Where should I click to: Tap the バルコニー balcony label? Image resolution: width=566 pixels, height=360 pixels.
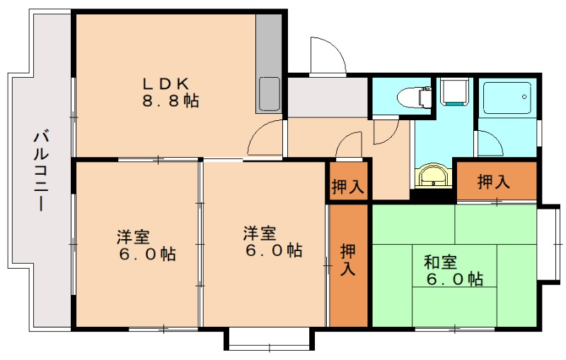click(41, 170)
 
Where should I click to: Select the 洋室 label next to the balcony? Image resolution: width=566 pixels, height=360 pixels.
click(138, 245)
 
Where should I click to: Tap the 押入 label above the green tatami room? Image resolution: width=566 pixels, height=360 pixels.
click(494, 182)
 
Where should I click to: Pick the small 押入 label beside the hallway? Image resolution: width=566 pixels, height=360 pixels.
click(347, 187)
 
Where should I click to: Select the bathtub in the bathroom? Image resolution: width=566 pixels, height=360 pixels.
click(508, 97)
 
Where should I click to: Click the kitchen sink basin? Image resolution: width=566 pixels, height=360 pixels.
click(270, 93)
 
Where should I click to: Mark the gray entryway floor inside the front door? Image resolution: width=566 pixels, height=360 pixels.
click(327, 98)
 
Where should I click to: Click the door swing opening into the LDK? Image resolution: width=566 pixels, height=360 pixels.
click(266, 136)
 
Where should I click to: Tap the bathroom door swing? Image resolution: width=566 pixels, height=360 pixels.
click(488, 144)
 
